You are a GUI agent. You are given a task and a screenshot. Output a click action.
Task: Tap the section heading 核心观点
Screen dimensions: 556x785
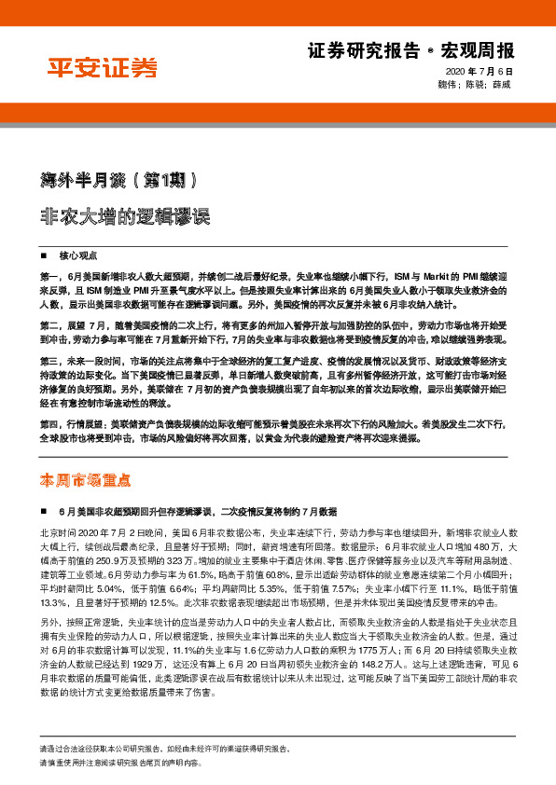(77, 255)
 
